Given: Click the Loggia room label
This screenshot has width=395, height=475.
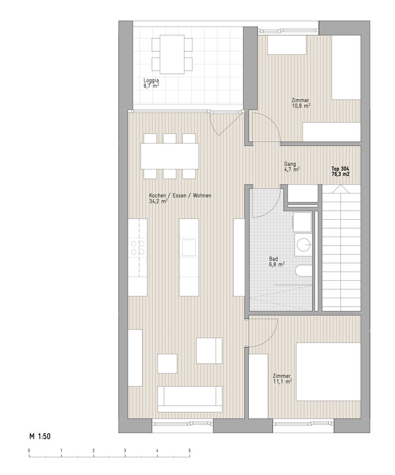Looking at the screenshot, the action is click(x=151, y=83).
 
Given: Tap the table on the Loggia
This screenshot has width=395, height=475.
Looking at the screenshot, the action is click(x=172, y=54).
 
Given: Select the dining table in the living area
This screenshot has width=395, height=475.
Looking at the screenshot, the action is click(x=169, y=156).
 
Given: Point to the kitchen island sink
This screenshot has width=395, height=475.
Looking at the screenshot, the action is click(x=189, y=247).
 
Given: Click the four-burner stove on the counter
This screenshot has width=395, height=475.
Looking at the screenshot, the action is click(x=138, y=247).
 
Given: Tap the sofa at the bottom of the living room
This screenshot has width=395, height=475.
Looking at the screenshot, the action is click(x=190, y=399).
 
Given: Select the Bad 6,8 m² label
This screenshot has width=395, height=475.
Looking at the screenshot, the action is click(x=276, y=262).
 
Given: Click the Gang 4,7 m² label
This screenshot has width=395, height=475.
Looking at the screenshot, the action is click(x=292, y=167).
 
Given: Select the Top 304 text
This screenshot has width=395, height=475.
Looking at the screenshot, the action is click(x=340, y=168).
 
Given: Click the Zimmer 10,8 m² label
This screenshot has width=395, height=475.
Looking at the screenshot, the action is click(x=301, y=103).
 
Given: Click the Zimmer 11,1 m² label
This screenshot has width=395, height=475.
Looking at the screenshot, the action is click(x=282, y=378).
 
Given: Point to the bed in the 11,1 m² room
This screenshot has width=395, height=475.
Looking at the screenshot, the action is click(x=328, y=372).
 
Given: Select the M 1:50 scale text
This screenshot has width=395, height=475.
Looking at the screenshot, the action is click(x=40, y=436).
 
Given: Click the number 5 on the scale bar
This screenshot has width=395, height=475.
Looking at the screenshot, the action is click(x=190, y=451).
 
